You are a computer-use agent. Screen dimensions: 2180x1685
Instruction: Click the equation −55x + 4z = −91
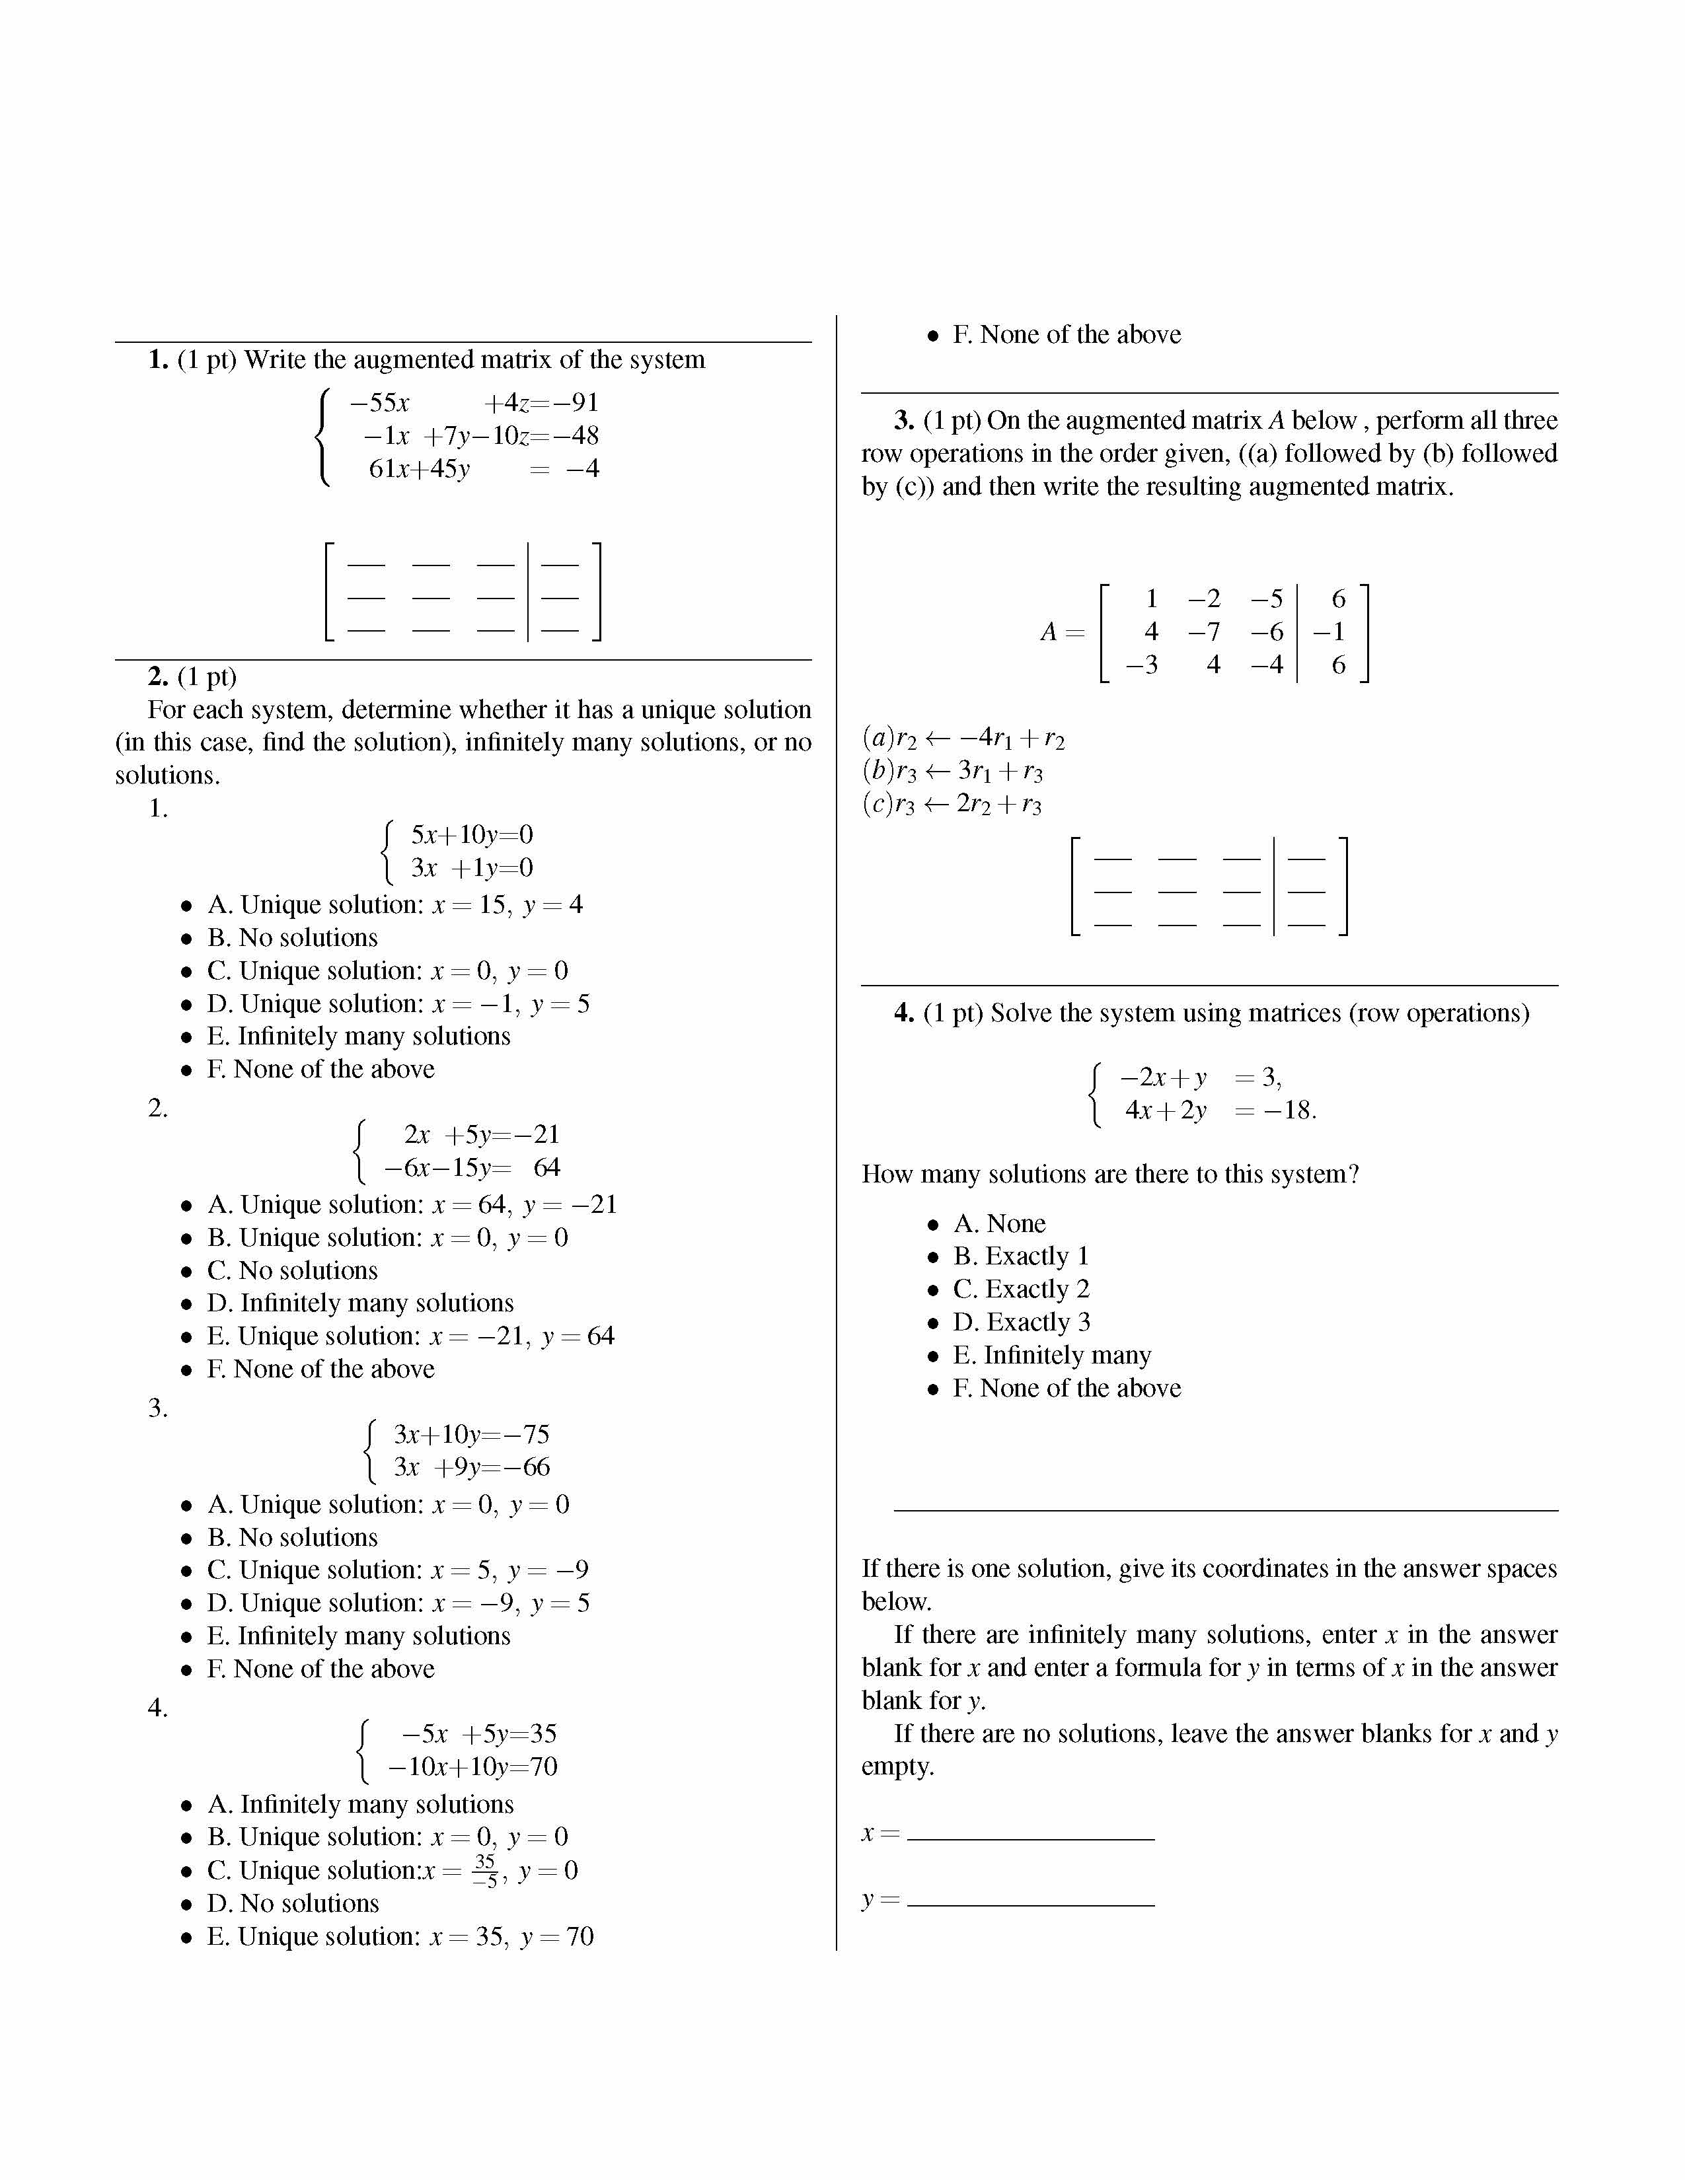473,403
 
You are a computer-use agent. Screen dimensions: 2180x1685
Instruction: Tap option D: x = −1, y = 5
397,1004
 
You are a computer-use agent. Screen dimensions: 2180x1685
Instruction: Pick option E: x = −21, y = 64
410,1336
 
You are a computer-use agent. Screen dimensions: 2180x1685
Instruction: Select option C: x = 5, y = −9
397,1570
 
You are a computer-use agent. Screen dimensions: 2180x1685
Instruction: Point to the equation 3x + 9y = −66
471,1467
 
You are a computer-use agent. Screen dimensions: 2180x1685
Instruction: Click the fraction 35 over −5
485,1871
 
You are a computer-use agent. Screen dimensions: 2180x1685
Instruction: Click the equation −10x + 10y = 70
472,1766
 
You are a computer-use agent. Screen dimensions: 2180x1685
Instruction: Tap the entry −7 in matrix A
1204,632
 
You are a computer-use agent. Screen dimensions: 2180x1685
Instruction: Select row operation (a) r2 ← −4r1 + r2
963,739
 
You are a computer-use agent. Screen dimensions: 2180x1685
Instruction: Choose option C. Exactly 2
1020,1290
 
